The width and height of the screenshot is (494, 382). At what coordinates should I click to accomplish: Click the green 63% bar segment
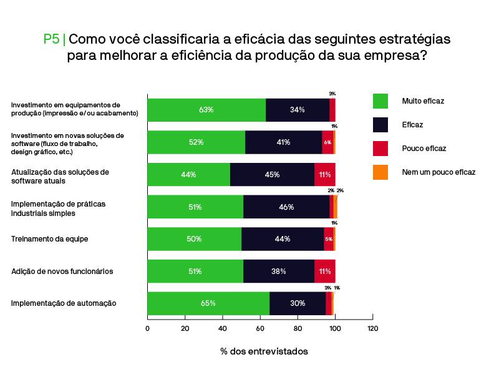206,110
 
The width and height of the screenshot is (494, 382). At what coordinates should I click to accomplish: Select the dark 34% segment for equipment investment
298,110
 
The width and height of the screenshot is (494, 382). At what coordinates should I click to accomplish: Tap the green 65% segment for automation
208,303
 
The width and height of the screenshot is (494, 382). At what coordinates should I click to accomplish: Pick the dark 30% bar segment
298,303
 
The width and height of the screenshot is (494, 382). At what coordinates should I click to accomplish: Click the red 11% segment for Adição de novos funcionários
325,272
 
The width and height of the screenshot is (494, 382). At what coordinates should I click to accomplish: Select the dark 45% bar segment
272,175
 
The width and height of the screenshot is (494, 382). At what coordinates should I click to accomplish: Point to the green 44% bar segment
188,175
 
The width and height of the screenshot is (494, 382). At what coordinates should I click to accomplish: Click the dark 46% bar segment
286,207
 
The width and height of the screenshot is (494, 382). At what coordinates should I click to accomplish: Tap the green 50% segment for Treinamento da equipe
194,239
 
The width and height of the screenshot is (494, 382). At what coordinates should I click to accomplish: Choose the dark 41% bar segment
283,142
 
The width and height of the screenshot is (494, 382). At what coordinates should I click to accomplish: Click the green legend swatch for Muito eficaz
380,100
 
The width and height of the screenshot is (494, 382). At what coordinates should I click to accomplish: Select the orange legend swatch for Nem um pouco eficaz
380,172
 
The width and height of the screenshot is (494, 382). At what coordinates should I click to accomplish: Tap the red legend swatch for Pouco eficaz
380,148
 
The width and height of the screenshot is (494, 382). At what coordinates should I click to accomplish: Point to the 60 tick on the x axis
260,328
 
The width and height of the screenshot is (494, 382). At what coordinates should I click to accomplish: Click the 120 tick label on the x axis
372,328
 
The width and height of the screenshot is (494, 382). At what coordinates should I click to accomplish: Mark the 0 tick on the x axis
148,328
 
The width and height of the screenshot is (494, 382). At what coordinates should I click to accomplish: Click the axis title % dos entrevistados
264,351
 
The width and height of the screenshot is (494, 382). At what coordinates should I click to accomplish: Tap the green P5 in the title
51,39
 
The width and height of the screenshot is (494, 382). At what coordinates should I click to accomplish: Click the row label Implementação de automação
64,303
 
